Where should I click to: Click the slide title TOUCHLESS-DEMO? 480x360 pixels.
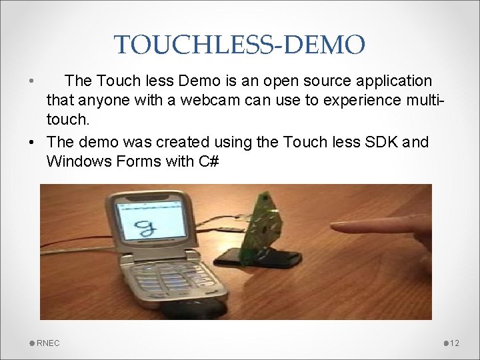[239, 45]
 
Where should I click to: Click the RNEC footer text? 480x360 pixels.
[48, 343]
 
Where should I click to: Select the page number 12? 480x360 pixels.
[455, 343]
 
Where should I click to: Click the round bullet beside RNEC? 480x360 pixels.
[32, 343]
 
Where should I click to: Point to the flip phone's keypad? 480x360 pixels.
[173, 281]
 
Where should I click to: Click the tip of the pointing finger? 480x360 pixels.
[334, 229]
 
